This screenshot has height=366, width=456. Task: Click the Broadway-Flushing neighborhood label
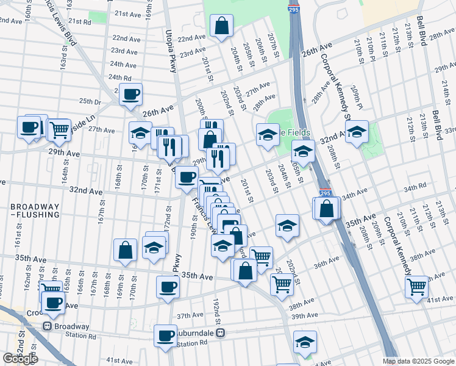pos(35,210)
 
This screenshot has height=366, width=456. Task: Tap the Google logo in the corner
pos(20,359)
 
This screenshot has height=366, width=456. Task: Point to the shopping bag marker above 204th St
pos(221,26)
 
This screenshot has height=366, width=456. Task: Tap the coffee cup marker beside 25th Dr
pos(130,95)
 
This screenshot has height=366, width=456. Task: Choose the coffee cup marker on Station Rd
pos(165,335)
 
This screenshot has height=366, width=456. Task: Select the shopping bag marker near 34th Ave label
pos(327,208)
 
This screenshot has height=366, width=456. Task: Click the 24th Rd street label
pos(120,77)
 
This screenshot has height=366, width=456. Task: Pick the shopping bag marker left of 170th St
pos(125,250)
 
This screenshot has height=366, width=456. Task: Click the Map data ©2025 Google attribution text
pos(418,361)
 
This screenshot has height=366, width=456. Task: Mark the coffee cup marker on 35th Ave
pos(168,286)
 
